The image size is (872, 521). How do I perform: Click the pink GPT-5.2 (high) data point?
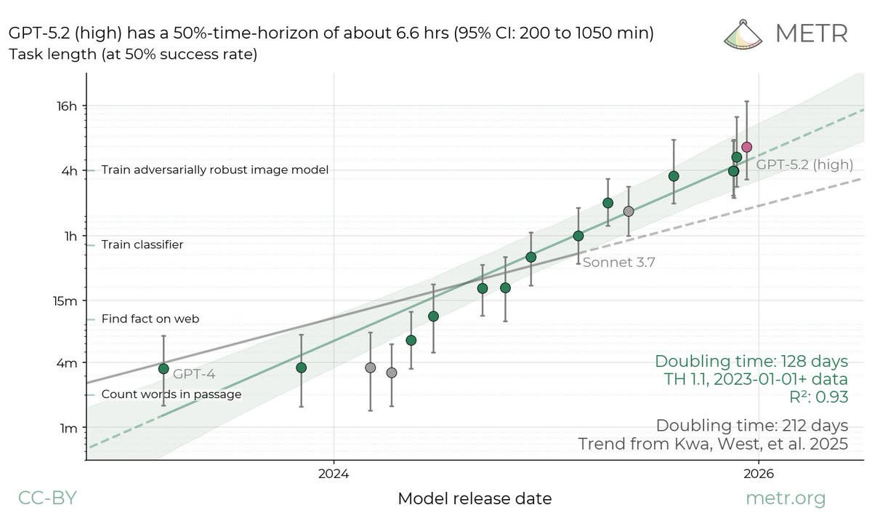pos(747,147)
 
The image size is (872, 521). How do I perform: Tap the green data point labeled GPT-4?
pos(164,369)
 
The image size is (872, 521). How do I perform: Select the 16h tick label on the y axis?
pos(67,106)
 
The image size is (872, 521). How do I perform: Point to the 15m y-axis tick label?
pos(65,301)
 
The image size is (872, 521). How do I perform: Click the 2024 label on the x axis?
pos(334,474)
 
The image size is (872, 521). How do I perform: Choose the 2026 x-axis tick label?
pos(759,474)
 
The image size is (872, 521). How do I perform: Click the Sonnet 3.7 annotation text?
pos(619,262)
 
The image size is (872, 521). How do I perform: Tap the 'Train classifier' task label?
pos(142,244)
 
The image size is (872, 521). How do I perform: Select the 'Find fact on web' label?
pos(150,319)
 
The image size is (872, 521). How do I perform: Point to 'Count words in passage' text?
pos(171,394)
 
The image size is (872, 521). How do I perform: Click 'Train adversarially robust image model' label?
pos(215,170)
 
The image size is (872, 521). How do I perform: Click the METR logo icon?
pos(743,34)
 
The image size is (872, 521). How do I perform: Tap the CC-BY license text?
pos(47,498)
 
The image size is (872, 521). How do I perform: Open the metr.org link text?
pos(786,498)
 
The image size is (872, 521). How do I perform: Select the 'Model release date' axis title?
pos(475,498)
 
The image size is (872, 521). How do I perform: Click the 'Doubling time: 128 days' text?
pos(751,361)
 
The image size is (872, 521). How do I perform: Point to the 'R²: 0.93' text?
pos(819,397)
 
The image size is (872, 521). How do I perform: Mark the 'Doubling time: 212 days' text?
pos(752,425)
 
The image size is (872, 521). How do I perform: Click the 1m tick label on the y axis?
pos(68,429)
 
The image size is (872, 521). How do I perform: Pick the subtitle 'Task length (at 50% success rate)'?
pos(133,54)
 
